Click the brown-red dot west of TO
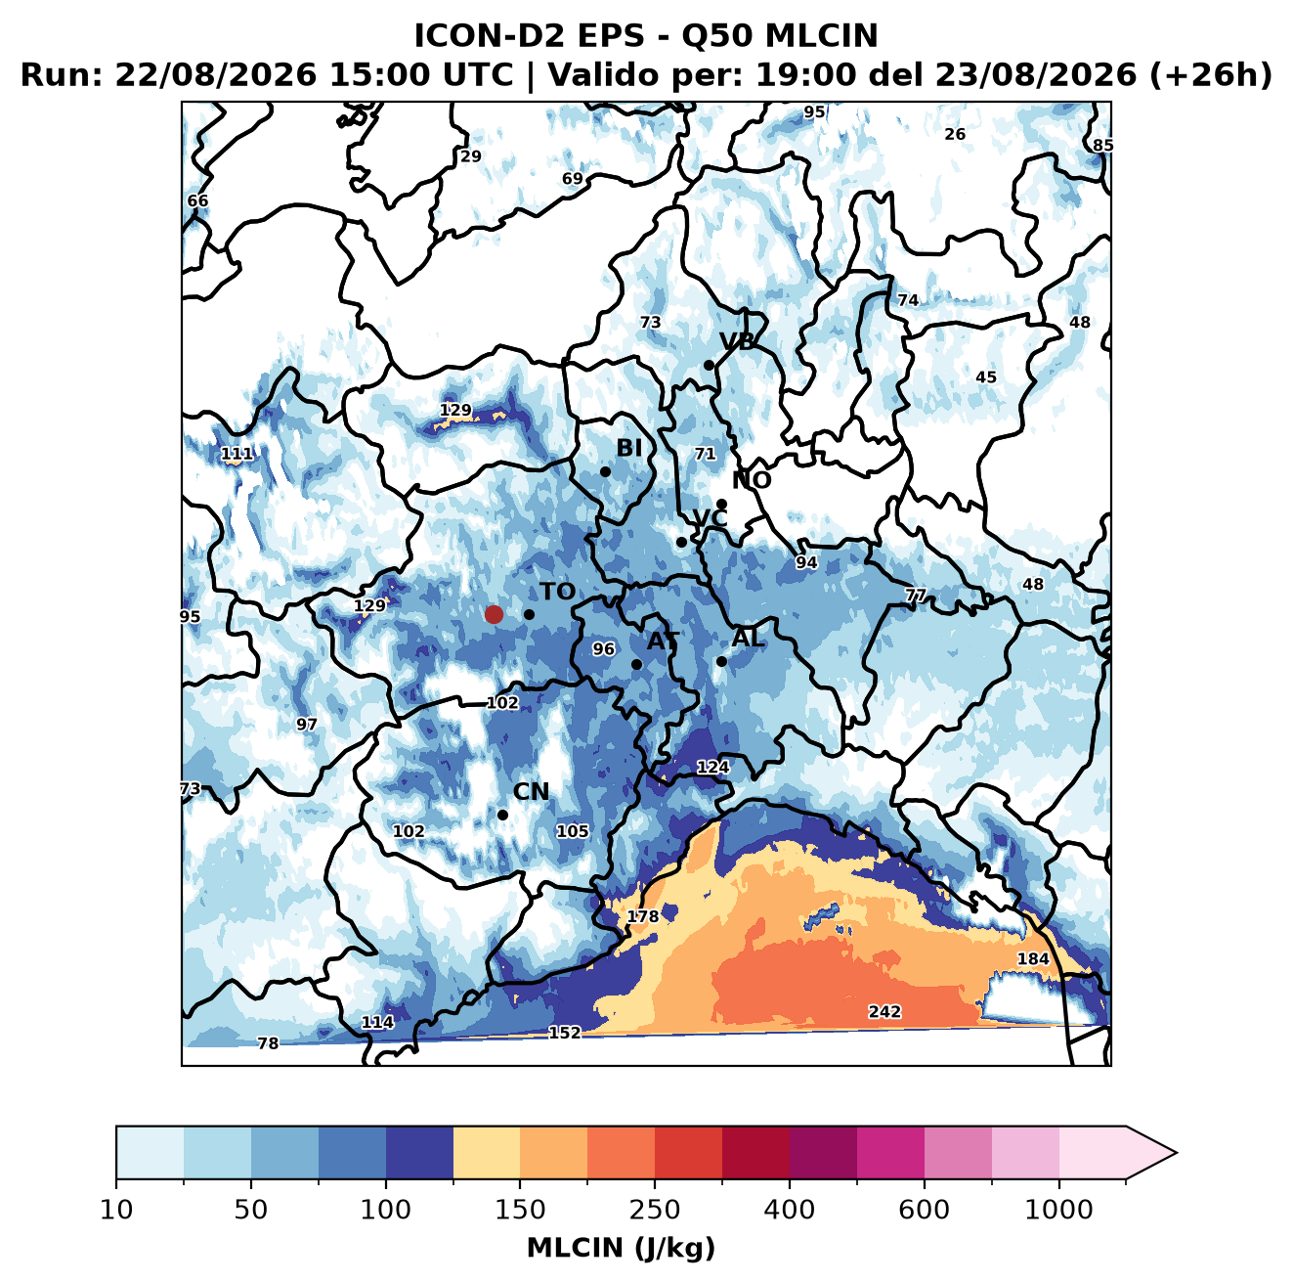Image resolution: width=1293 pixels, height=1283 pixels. (x=494, y=614)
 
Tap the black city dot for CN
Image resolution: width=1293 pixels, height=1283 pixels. (x=502, y=815)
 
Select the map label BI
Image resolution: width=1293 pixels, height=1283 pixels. (x=629, y=448)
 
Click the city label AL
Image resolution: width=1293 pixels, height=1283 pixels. (x=748, y=638)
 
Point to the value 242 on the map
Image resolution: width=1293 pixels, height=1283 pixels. (x=884, y=1011)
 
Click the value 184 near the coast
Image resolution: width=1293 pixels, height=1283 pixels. (x=1033, y=958)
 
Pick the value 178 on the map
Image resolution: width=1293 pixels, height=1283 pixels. (x=642, y=915)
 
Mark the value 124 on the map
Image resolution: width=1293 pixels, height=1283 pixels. (x=712, y=767)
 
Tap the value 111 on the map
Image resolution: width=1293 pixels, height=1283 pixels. (x=237, y=454)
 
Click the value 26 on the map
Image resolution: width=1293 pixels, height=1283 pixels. (x=954, y=134)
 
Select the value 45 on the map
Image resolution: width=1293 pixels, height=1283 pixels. (x=986, y=377)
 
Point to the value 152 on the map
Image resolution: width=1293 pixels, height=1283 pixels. (x=564, y=1033)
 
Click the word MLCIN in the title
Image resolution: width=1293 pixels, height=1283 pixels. (x=821, y=36)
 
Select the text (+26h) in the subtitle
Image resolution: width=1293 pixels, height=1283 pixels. (x=1211, y=75)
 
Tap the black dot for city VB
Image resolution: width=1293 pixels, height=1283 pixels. (x=709, y=365)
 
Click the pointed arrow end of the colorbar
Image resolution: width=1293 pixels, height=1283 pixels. (x=1176, y=1153)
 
